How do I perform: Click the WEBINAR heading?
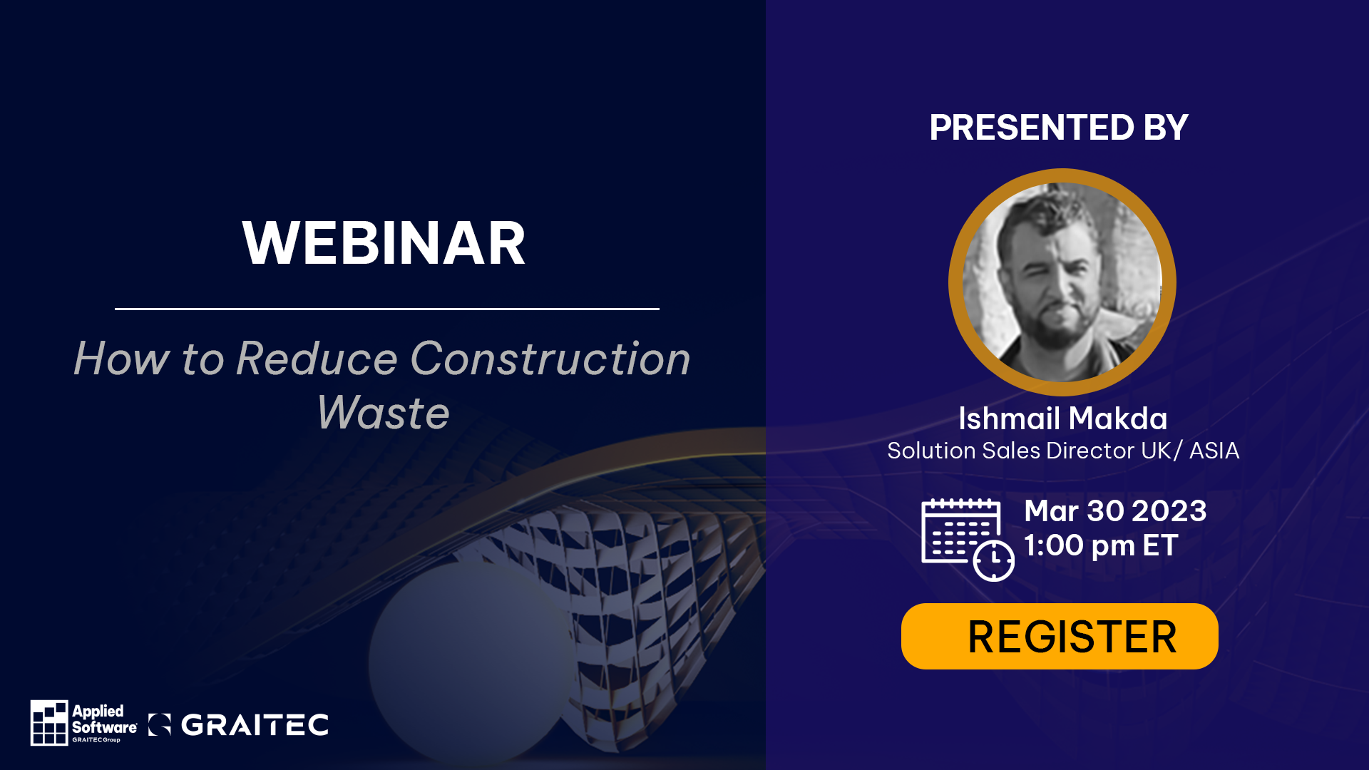click(384, 244)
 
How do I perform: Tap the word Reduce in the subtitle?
click(316, 358)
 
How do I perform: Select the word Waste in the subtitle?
click(383, 413)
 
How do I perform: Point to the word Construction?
click(550, 358)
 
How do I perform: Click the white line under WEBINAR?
click(386, 309)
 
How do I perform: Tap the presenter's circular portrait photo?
click(1062, 282)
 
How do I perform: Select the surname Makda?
click(1117, 419)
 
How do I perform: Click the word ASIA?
click(1214, 451)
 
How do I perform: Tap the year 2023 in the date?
click(1169, 511)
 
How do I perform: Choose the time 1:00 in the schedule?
click(1054, 546)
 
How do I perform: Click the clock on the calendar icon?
click(993, 561)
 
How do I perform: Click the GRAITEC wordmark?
click(255, 725)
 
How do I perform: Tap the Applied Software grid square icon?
click(49, 722)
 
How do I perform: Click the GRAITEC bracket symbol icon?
click(160, 724)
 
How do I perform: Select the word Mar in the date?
click(1051, 511)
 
